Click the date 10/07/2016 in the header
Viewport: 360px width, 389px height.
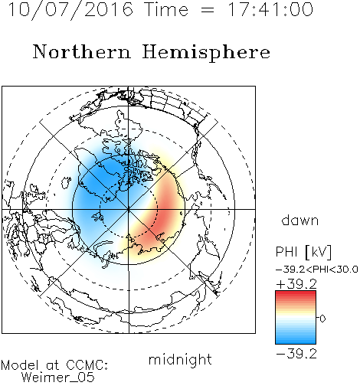point(70,10)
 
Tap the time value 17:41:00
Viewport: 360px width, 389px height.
point(270,9)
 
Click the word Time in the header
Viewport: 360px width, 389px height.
point(166,9)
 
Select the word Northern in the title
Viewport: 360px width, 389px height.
point(82,52)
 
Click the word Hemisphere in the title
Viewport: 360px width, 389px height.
point(206,53)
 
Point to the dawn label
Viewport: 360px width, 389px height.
point(300,220)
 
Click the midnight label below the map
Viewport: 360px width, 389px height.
point(180,359)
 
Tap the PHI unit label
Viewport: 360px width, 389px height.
point(286,252)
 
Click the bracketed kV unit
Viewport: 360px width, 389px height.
point(318,252)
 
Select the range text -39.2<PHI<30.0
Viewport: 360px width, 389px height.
point(317,270)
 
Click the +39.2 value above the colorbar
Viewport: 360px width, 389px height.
point(296,284)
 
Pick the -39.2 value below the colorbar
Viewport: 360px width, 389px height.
point(296,354)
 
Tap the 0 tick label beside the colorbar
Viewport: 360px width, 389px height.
point(322,319)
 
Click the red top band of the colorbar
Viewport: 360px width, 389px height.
point(296,294)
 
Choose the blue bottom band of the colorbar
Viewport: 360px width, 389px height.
point(296,341)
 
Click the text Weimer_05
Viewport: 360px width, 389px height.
point(58,378)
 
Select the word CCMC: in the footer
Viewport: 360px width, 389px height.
point(87,365)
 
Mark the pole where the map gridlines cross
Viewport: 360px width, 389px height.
point(129,209)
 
